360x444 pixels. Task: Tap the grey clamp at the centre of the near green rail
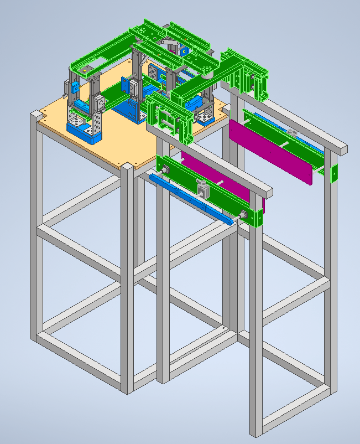click(204, 190)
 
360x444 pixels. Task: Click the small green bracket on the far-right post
click(334, 173)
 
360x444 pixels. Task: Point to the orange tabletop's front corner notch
click(127, 166)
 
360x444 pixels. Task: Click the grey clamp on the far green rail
click(291, 132)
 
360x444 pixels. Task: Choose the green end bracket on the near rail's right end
click(255, 218)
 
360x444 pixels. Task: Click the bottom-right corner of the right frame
click(331, 388)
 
